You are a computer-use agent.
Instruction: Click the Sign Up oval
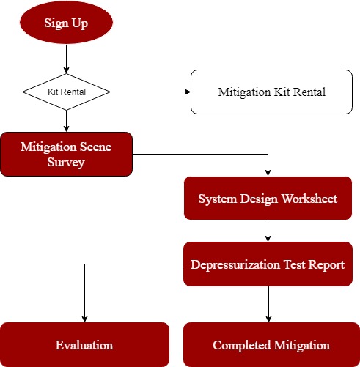pyautogui.click(x=66, y=23)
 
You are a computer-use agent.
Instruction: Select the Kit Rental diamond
pyautogui.click(x=66, y=92)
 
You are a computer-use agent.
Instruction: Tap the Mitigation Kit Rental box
pyautogui.click(x=271, y=92)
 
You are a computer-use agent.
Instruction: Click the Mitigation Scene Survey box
pyautogui.click(x=66, y=154)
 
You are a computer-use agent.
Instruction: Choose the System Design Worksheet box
pyautogui.click(x=268, y=198)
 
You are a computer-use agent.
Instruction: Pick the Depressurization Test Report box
pyautogui.click(x=268, y=264)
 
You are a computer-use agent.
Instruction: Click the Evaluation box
pyautogui.click(x=84, y=344)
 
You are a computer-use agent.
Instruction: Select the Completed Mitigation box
pyautogui.click(x=271, y=344)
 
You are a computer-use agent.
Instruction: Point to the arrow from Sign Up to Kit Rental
pyautogui.click(x=66, y=59)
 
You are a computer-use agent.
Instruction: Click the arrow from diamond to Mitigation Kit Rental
pyautogui.click(x=150, y=92)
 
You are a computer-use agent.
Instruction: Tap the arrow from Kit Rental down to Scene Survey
pyautogui.click(x=66, y=121)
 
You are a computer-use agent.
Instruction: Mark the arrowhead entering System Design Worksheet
pyautogui.click(x=268, y=173)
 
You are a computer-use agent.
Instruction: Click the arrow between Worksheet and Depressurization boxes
pyautogui.click(x=268, y=231)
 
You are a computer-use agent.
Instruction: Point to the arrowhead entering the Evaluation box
pyautogui.click(x=84, y=319)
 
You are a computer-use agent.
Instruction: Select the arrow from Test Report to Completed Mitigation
pyautogui.click(x=268, y=304)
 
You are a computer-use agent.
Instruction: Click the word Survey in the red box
pyautogui.click(x=66, y=163)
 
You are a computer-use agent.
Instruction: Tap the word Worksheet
pyautogui.click(x=309, y=199)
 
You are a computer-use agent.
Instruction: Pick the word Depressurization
pyautogui.click(x=235, y=265)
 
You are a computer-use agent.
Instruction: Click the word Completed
pyautogui.click(x=242, y=345)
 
